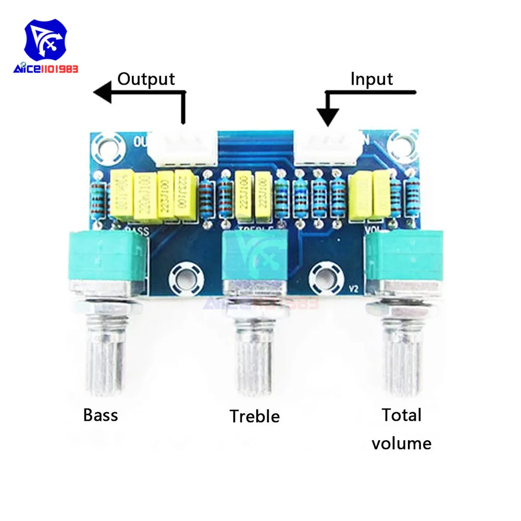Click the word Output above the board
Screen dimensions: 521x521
tap(146, 79)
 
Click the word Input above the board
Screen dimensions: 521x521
tap(371, 79)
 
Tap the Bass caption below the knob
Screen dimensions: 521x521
tap(101, 415)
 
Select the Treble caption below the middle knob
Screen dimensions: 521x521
tap(255, 416)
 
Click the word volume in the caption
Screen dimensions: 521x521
tap(401, 443)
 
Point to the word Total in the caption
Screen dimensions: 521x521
tap(401, 415)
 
